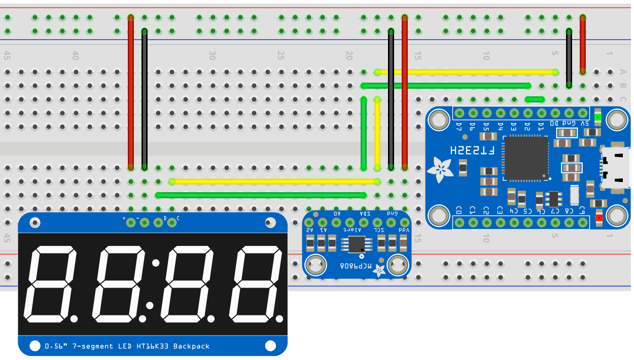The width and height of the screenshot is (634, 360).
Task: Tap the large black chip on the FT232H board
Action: pos(525,158)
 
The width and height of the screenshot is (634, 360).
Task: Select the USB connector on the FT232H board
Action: pos(616,167)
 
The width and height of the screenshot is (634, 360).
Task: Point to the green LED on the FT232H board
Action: pos(598,117)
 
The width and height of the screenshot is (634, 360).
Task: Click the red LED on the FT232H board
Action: pos(599,218)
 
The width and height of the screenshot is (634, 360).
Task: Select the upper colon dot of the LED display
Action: pos(156,263)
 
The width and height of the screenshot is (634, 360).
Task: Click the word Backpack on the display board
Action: pos(191,346)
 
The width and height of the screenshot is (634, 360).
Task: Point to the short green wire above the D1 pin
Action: pos(535,99)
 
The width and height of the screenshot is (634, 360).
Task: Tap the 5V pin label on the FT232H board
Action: pos(584,123)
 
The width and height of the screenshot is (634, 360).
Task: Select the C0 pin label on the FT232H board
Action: pos(459,209)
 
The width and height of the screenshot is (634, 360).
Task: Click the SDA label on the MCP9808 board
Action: pos(364,214)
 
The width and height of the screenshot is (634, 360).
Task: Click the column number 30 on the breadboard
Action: pos(213,55)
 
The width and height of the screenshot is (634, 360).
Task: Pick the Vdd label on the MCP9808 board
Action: pos(404,230)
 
